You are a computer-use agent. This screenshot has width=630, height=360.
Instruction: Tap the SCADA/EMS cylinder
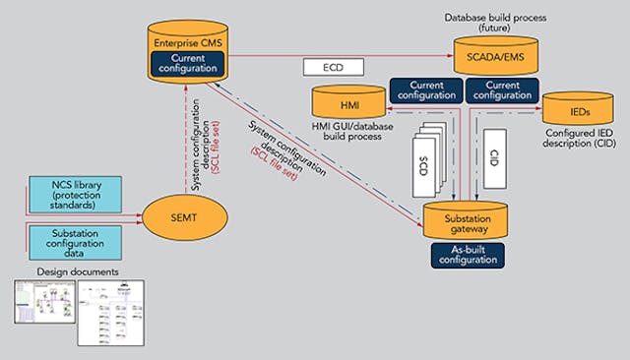(497, 55)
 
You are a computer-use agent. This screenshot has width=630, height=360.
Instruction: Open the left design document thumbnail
(43, 312)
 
